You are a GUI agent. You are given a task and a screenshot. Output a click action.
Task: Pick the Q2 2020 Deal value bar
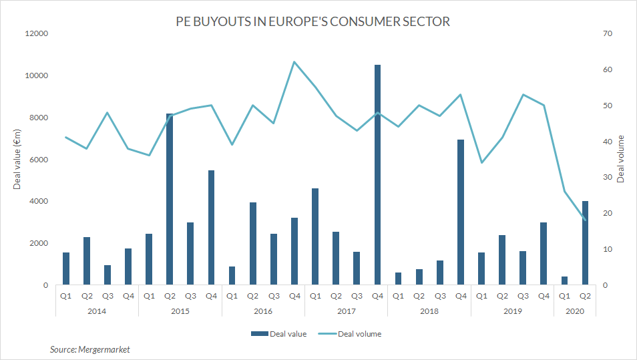click(x=585, y=243)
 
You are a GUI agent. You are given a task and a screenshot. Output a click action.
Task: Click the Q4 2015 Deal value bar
click(x=211, y=228)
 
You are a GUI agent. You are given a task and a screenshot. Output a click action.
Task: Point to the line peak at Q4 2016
click(x=294, y=62)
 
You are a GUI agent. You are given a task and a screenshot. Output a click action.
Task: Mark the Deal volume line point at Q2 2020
click(x=586, y=220)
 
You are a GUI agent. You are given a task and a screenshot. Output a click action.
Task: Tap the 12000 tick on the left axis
click(x=37, y=34)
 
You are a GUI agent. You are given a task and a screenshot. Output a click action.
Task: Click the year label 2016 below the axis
click(x=263, y=311)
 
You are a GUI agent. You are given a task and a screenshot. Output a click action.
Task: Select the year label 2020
click(x=575, y=311)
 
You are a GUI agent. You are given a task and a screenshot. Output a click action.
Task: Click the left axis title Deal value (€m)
click(x=17, y=160)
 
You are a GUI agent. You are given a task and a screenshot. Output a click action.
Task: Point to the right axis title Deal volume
click(x=620, y=159)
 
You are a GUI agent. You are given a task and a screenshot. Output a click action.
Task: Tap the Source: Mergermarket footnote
click(x=89, y=349)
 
